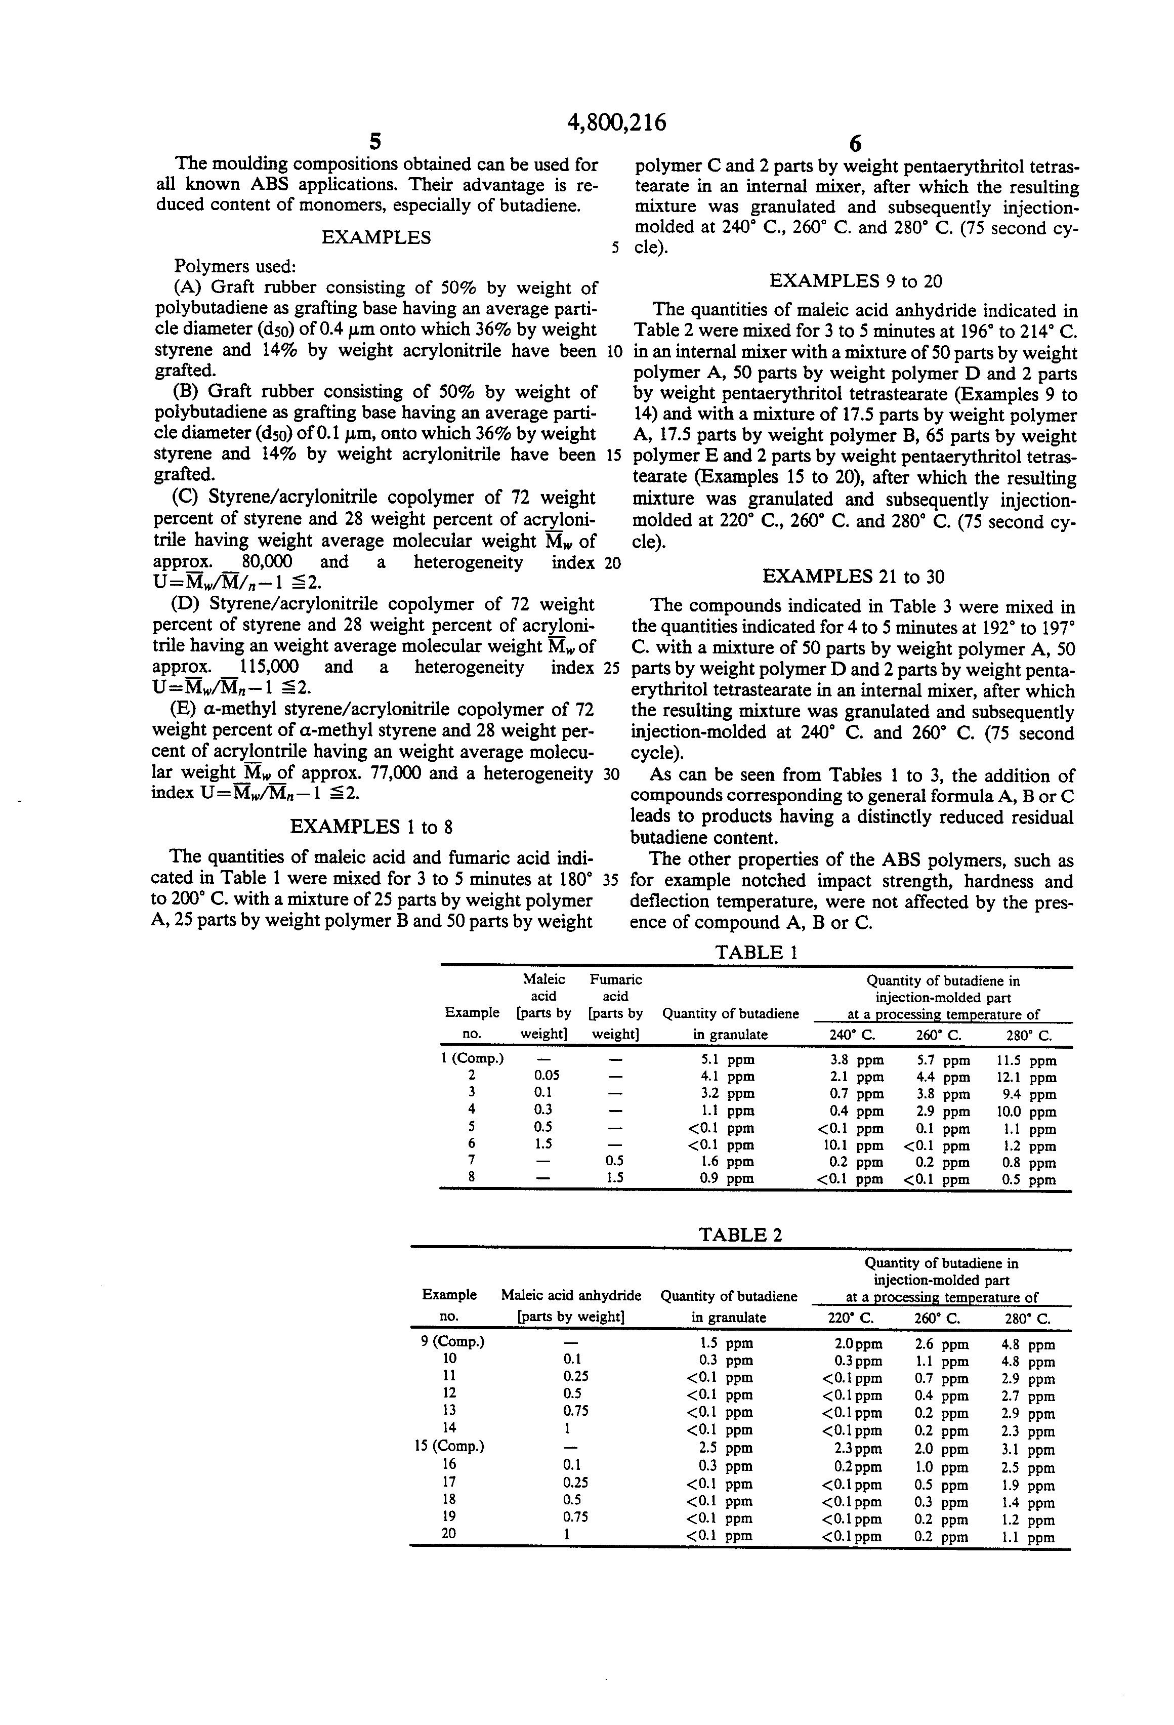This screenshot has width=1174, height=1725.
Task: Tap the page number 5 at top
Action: pos(375,142)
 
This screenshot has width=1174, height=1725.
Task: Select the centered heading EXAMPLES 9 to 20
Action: pos(856,280)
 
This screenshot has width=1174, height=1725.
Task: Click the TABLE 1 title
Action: pos(756,952)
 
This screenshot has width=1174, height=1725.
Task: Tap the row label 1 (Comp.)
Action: pos(473,1058)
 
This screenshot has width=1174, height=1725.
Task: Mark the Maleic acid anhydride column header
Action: pos(571,1295)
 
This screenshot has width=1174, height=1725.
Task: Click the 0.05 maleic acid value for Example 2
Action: pos(547,1076)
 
